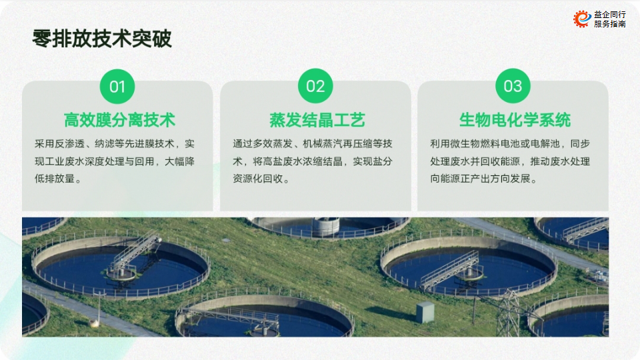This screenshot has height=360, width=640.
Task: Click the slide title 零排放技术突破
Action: pos(102,39)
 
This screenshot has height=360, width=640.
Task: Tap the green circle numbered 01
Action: pos(117,86)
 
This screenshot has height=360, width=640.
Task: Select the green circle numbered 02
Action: pos(315,86)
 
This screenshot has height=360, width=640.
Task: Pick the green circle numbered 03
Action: pos(513,86)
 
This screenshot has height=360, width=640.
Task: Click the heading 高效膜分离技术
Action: pos(119,120)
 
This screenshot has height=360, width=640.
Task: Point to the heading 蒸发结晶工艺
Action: pos(317,120)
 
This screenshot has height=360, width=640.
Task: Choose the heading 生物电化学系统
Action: pos(515,120)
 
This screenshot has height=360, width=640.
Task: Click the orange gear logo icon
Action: pos(582,19)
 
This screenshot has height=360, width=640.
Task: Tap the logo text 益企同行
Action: pos(610,14)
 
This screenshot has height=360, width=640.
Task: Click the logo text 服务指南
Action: pos(610,24)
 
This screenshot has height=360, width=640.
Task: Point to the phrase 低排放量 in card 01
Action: pos(54,179)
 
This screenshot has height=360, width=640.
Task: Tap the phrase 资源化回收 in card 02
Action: pos(257,179)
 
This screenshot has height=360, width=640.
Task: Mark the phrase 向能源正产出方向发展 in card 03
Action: pos(480,179)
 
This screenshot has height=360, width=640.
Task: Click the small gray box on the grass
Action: pos(425,312)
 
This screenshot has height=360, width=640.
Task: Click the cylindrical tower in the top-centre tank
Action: pos(326,227)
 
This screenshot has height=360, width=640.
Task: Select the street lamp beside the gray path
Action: pos(99,309)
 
